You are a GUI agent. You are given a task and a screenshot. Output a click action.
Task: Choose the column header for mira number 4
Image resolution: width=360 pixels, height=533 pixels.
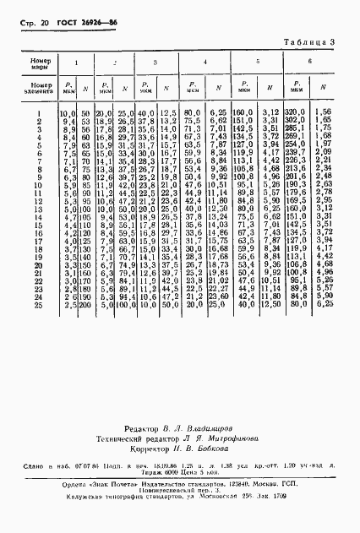[205, 63]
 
